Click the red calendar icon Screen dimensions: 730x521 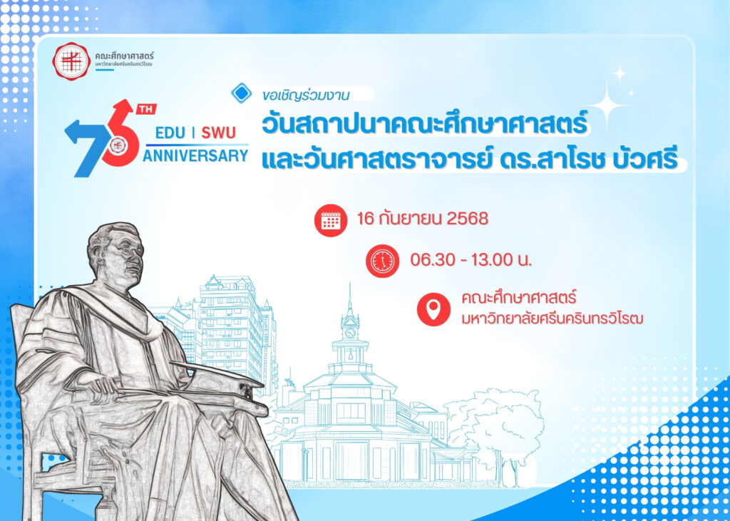[331, 220]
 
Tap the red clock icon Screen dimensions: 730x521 [382, 261]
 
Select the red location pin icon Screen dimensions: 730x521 [433, 309]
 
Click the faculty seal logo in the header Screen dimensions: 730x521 [71, 61]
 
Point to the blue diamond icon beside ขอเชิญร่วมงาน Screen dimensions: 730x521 [242, 93]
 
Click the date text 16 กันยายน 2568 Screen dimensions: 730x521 [422, 218]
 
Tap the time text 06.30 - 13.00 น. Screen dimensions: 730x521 [471, 259]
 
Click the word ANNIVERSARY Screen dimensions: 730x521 [195, 155]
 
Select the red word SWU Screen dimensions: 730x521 [218, 133]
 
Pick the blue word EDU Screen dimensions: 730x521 [170, 133]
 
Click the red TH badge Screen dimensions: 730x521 [146, 109]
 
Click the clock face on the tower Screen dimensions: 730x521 [349, 333]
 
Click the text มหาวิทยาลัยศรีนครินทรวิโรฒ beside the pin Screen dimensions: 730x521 [552, 319]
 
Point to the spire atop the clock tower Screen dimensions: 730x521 [349, 299]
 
